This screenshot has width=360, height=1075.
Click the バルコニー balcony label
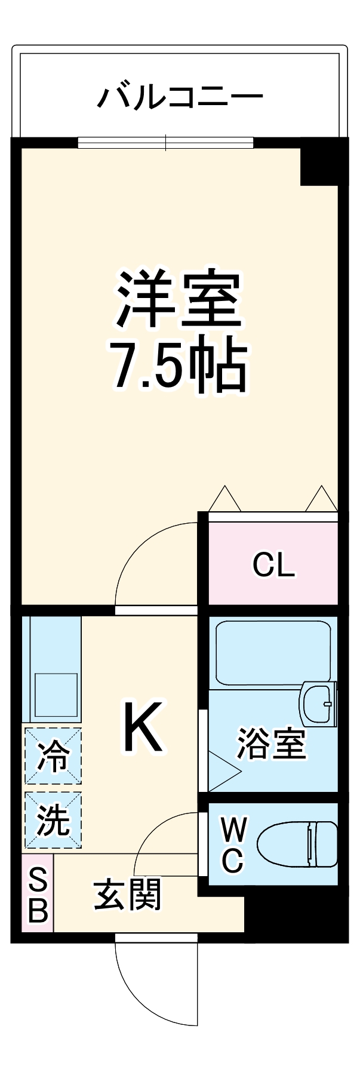180,97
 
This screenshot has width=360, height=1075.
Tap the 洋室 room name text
179,300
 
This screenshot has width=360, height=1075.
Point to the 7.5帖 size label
179,365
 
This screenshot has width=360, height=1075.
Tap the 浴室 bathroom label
271,744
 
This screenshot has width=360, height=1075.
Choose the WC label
232,845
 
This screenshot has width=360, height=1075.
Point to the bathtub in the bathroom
273,653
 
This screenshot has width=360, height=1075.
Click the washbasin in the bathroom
318,704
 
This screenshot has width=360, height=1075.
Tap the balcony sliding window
166,143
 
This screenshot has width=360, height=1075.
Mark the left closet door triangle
225,499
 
